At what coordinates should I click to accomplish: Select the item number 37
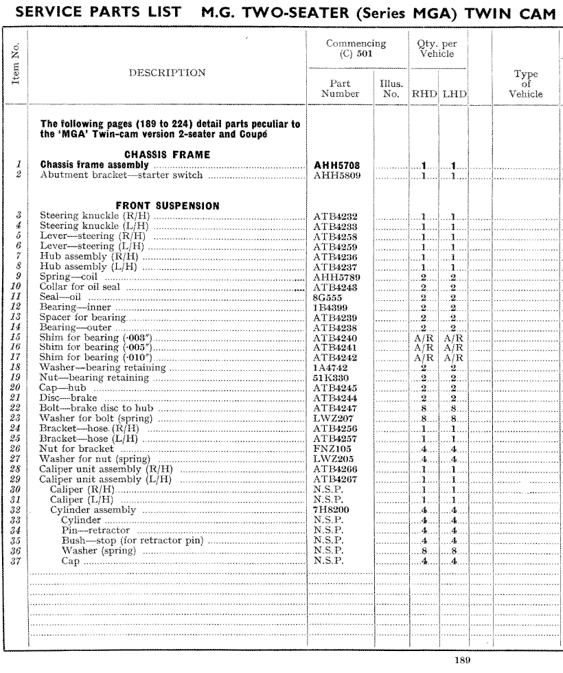click(15, 561)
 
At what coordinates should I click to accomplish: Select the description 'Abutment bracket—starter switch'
click(108, 175)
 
